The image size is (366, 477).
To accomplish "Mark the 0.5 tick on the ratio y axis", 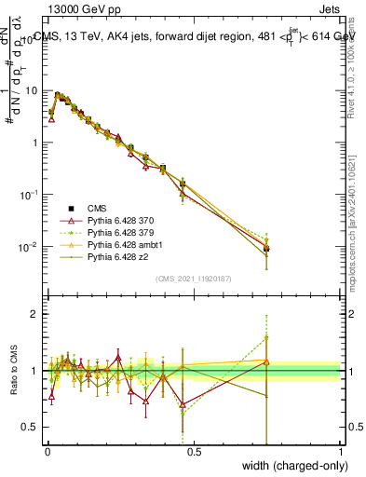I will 31,427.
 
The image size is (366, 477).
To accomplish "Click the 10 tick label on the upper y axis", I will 31,91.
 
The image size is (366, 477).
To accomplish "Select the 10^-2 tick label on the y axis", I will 29,247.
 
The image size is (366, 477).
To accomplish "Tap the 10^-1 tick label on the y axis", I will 29,195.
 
